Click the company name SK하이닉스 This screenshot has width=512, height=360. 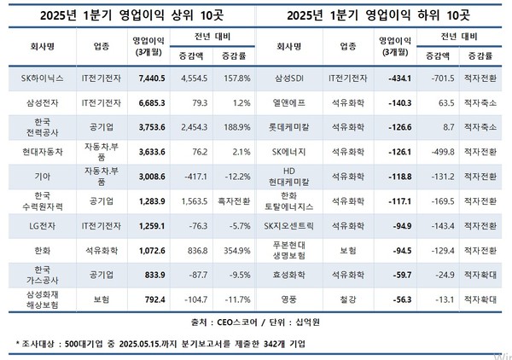(36, 78)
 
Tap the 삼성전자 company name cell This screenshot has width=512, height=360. (36, 102)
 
